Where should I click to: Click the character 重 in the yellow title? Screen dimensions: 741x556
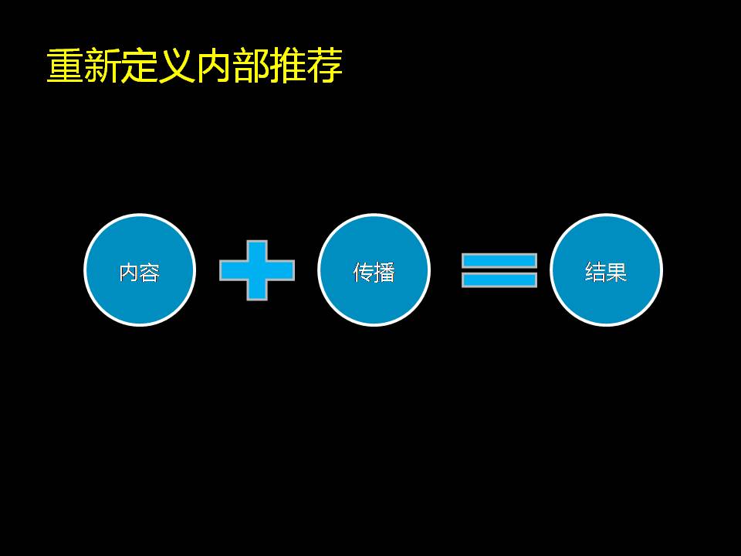[65, 66]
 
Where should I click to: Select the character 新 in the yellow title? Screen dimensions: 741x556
[102, 66]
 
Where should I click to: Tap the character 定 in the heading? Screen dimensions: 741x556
[139, 66]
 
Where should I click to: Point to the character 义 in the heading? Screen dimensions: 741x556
[176, 66]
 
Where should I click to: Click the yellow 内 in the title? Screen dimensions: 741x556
[213, 66]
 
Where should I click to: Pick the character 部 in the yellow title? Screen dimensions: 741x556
[250, 66]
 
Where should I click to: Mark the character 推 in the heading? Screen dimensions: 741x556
[287, 66]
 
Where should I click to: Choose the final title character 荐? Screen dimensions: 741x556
[324, 66]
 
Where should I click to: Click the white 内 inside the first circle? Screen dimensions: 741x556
[129, 273]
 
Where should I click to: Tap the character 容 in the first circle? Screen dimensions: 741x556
[150, 273]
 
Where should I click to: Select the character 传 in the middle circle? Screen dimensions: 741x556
[363, 273]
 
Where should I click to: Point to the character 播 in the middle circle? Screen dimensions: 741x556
[384, 273]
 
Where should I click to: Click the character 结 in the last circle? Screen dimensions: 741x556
[595, 273]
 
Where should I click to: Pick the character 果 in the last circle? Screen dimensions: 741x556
[616, 273]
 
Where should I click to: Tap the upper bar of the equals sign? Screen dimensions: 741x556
[499, 260]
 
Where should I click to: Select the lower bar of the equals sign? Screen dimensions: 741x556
[499, 280]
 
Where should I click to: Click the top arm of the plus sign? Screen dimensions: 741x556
[257, 250]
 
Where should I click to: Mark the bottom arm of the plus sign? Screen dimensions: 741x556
[257, 290]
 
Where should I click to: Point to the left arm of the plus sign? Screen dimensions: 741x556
[233, 270]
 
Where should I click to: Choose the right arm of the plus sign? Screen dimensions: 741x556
[281, 270]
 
